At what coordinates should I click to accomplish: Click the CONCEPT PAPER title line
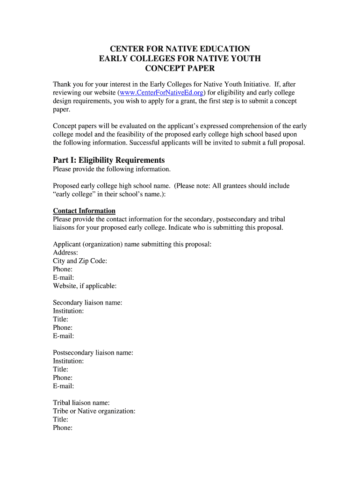pos(180,69)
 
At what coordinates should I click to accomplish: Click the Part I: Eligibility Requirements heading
pos(109,160)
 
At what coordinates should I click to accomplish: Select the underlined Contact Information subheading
pos(84,211)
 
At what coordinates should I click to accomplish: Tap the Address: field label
pos(65,253)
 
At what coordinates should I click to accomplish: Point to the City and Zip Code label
pos(80,261)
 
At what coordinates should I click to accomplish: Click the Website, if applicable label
pos(85,286)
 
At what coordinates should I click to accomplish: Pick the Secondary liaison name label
pos(87,303)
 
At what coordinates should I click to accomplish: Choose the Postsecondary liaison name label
pos(93,353)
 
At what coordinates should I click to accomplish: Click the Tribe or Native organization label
pos(94,411)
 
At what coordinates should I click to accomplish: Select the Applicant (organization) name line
pos(132,244)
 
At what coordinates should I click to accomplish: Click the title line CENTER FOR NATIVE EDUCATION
pos(180,49)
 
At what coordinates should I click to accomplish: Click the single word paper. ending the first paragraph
pos(61,109)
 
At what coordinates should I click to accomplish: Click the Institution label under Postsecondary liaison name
pos(68,361)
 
